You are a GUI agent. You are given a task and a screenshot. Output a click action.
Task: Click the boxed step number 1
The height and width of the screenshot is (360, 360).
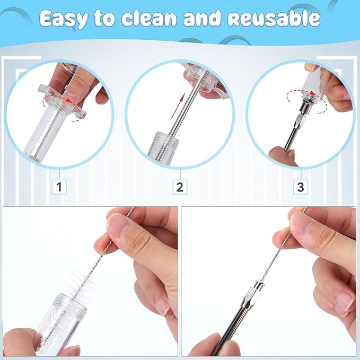coord(59,186)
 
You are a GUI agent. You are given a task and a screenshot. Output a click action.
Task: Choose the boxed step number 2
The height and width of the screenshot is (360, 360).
coord(180,186)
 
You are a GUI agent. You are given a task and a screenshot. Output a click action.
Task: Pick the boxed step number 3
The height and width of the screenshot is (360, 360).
coord(301,186)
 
